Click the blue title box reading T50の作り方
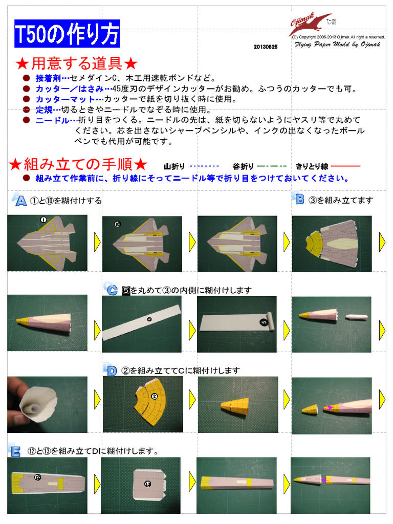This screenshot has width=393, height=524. pyautogui.click(x=67, y=34)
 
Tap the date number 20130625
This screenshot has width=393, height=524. pyautogui.click(x=265, y=47)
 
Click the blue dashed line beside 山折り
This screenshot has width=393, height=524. pyautogui.click(x=204, y=166)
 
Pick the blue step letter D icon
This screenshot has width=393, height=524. pyautogui.click(x=110, y=369)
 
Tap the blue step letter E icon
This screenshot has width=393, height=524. pyautogui.click(x=15, y=450)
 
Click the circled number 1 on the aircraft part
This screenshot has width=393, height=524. pyautogui.click(x=43, y=220)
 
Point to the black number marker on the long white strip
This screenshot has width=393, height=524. pyautogui.click(x=149, y=319)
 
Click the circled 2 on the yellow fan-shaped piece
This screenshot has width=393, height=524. pyautogui.click(x=154, y=396)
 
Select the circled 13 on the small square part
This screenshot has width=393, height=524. pyautogui.click(x=148, y=484)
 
